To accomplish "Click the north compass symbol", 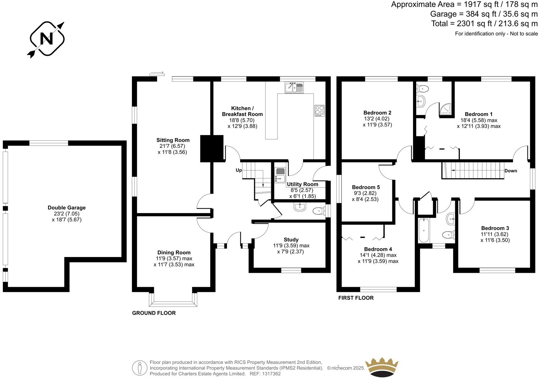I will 46,39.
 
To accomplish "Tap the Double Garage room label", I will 67,207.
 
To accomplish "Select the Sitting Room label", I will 173,140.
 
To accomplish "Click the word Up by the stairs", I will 239,170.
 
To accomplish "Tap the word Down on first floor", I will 511,171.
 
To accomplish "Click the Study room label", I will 291,240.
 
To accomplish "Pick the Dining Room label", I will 174,253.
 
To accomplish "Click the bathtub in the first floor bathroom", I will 423,230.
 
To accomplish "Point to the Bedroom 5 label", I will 366,187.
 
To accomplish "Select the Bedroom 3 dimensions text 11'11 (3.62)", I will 495,234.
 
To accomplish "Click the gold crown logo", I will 382,366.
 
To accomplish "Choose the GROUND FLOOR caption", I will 154,313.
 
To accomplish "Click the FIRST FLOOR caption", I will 356,298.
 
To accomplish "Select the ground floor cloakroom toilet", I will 318,211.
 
